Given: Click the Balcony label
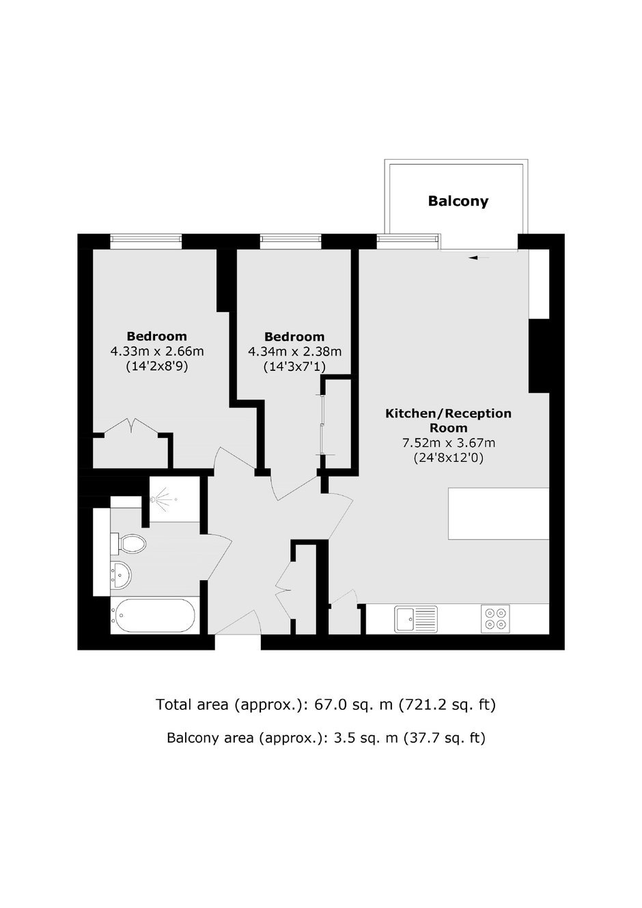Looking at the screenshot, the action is click(458, 201).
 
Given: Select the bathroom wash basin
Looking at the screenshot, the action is click(121, 575).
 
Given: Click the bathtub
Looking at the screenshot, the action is click(155, 616).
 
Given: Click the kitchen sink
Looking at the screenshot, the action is click(416, 619).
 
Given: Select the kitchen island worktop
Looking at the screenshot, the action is click(499, 514).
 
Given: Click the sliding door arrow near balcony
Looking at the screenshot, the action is click(479, 258).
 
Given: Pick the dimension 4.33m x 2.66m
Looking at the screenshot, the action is click(157, 351).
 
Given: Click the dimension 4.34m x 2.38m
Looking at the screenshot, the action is click(294, 351).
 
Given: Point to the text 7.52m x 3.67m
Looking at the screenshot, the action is click(448, 443).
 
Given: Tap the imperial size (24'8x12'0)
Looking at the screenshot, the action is click(448, 458).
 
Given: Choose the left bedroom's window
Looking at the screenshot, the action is click(145, 241).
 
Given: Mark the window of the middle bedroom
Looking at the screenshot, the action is click(290, 241).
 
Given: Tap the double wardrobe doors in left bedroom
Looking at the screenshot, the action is click(131, 428).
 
